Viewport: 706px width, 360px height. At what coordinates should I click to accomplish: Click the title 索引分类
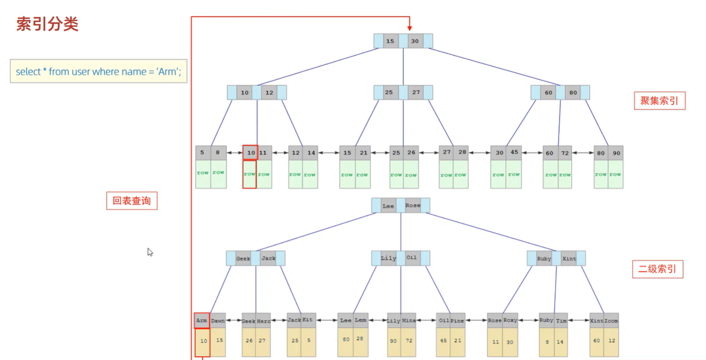pos(47,24)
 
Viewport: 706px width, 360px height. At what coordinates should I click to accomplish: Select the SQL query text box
pos(98,72)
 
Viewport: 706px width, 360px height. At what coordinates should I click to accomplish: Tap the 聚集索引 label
pos(659,101)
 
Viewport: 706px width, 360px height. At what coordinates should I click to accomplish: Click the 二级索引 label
pos(657,269)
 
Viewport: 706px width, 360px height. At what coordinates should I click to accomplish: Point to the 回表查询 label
pos(131,201)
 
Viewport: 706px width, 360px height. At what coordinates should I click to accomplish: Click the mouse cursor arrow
pos(150,251)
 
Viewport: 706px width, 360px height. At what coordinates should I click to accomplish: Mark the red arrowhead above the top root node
pos(410,28)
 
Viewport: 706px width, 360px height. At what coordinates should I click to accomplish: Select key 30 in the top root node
pos(415,41)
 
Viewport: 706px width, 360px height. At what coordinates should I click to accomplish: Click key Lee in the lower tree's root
pos(388,205)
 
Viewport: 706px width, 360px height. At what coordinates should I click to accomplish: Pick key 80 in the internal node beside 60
pos(573,93)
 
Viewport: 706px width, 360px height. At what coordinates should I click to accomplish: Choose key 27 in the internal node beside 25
pos(416,93)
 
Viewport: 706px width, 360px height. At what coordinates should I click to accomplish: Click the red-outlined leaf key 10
pos(250,152)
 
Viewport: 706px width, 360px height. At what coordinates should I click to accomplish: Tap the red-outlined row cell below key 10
pos(249,174)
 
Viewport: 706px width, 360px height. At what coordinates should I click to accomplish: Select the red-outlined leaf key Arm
pos(202,320)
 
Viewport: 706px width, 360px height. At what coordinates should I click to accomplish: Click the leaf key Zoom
pos(611,321)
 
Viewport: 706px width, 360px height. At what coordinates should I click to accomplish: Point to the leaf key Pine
pos(457,321)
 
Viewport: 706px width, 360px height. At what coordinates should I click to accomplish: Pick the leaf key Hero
pos(263,321)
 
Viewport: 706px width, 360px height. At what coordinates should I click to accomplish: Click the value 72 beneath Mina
pos(409,341)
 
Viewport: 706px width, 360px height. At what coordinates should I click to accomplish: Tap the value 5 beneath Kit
pos(309,340)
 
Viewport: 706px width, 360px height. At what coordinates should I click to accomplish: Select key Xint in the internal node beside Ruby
pos(569,259)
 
